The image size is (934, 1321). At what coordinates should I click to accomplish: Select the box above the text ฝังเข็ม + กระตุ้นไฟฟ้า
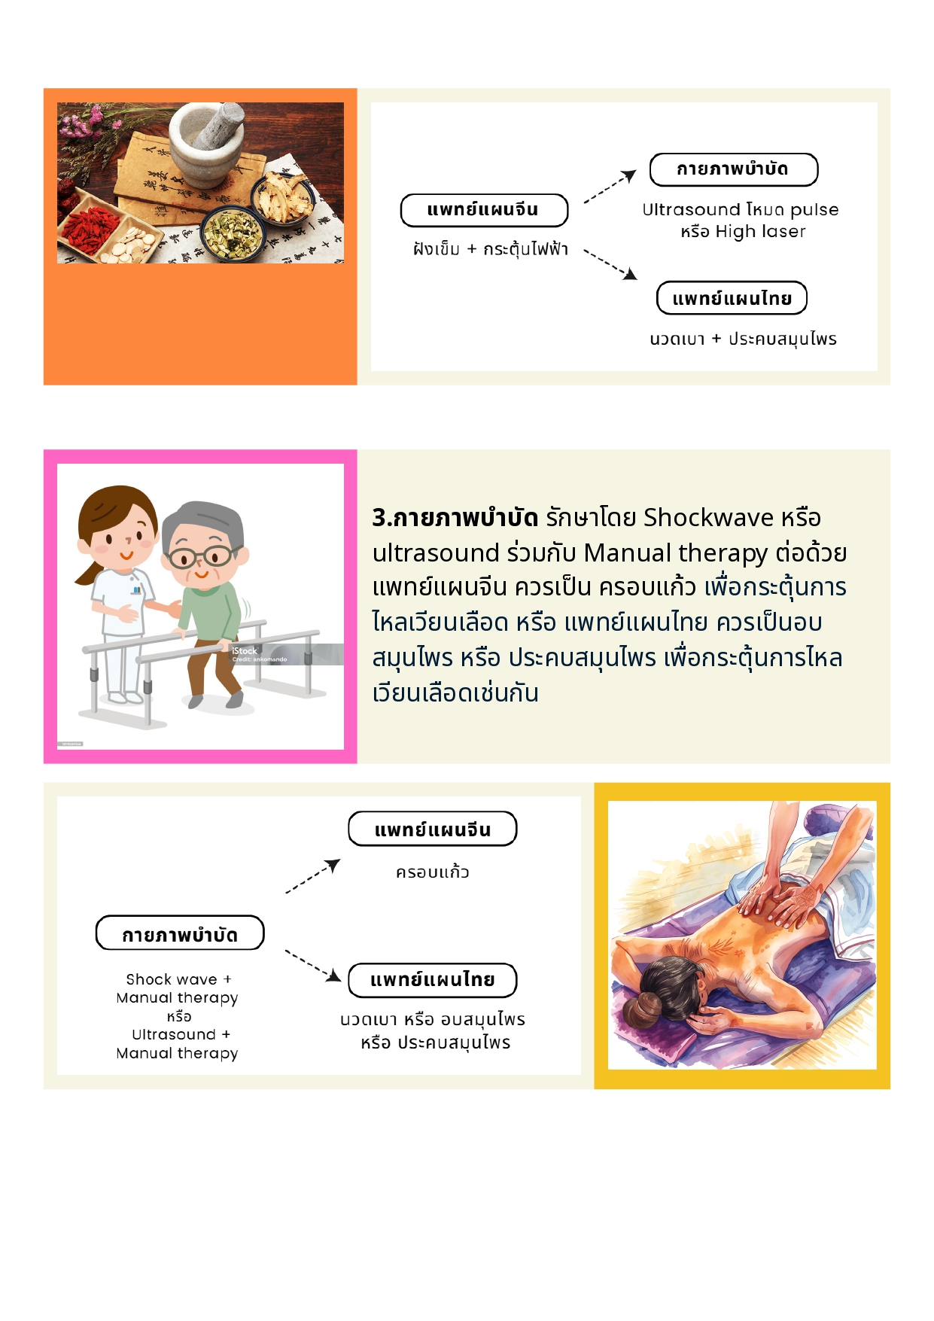tap(484, 210)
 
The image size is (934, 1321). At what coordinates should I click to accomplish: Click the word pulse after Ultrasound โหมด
tap(814, 209)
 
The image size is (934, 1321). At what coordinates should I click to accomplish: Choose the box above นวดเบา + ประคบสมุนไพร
tap(732, 298)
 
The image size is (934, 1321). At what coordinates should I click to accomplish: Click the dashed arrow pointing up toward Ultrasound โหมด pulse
tap(610, 187)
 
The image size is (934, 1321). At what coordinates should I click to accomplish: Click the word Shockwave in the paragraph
tap(709, 517)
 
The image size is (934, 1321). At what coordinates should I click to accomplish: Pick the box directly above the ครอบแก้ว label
tap(433, 829)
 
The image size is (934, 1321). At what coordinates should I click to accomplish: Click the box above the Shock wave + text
tap(180, 933)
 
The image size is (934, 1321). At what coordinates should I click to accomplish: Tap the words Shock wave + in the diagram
tap(178, 979)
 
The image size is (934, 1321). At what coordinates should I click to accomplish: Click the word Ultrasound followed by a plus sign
tap(174, 1034)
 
